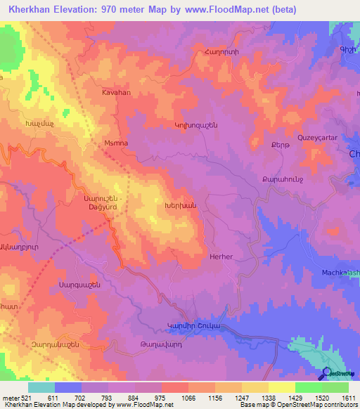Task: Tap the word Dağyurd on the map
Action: pos(103,207)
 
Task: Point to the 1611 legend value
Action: pos(347,398)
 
